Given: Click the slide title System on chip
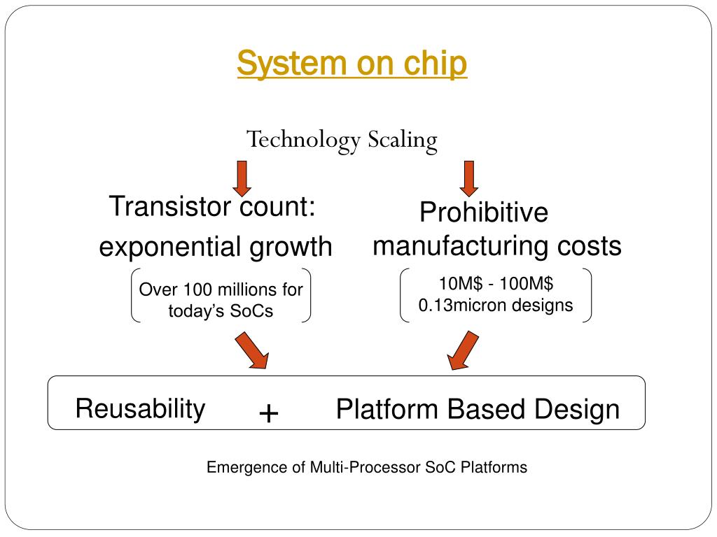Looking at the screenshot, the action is click(351, 64).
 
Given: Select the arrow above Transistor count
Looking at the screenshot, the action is click(242, 178).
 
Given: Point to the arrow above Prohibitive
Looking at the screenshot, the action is click(469, 178).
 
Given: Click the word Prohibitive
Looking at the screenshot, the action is click(483, 213).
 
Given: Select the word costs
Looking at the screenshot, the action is click(589, 246).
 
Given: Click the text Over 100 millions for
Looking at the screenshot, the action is click(221, 289).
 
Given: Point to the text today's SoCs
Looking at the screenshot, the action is click(221, 311).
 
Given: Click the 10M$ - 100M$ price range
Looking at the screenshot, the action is click(496, 284).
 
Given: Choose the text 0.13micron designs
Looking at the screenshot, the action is click(496, 306).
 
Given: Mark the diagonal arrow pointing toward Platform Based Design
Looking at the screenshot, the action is click(463, 350).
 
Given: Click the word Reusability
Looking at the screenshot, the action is click(140, 408).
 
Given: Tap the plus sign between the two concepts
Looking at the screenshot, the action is click(268, 414).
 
